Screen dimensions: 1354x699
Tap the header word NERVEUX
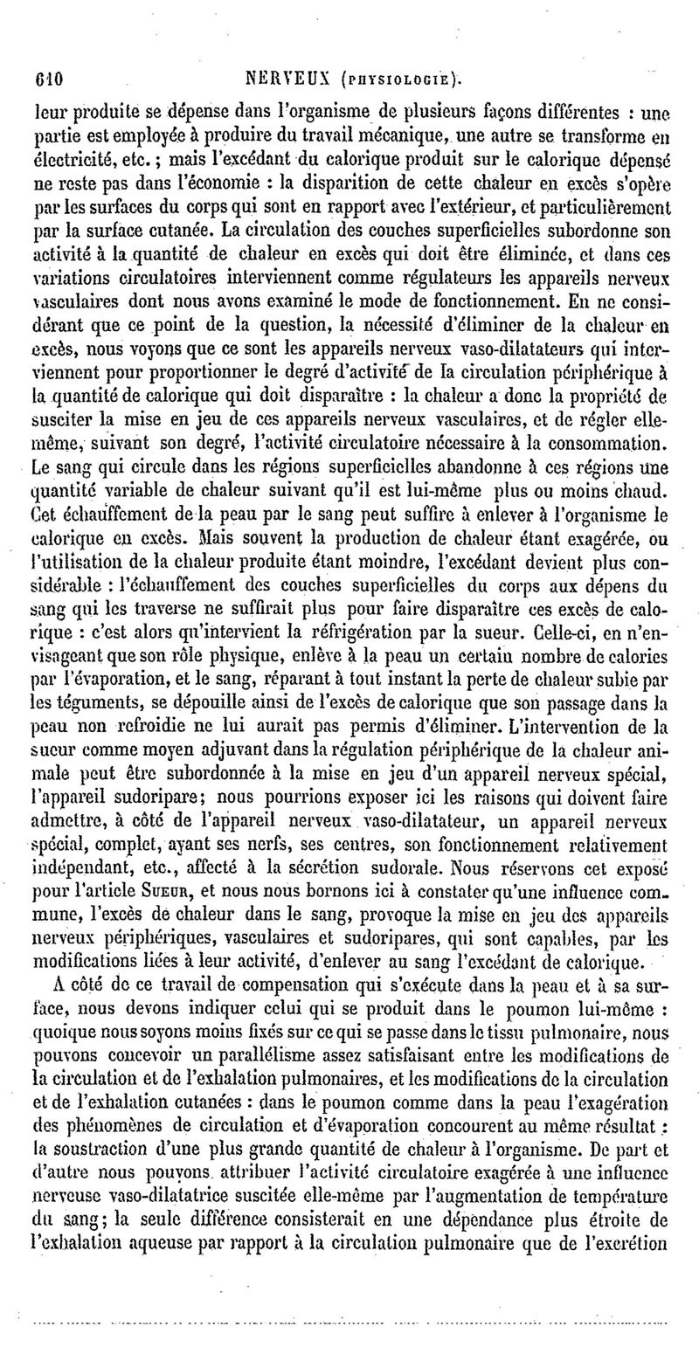point(287,75)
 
